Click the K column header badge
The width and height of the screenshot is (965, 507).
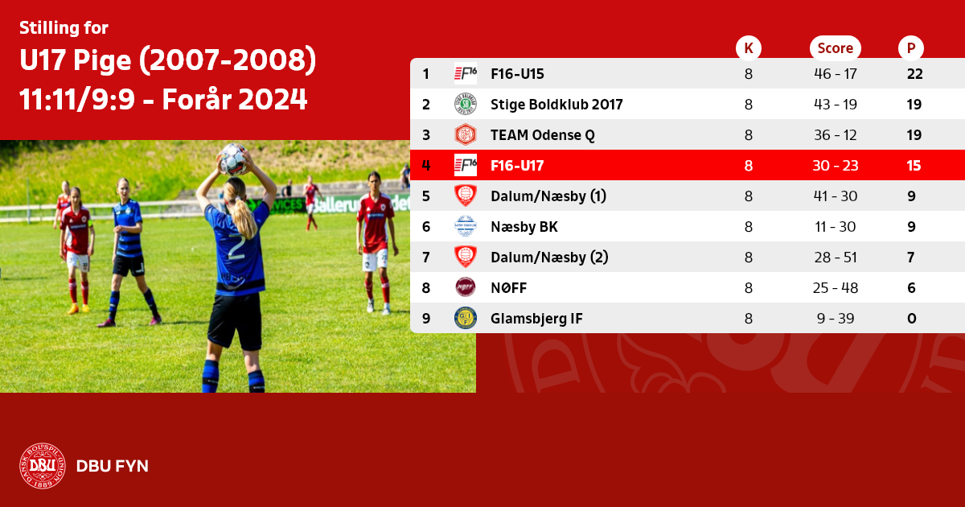point(749,47)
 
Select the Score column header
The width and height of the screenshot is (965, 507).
point(836,47)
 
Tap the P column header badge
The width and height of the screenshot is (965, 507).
point(910,47)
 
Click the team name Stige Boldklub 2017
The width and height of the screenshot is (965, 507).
point(556,105)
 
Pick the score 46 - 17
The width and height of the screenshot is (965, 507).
point(836,74)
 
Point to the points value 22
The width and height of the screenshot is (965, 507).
point(914,74)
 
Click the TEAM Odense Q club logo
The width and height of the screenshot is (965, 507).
point(466,134)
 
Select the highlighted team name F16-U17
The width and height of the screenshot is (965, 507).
point(517,166)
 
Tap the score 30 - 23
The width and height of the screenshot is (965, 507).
point(836,166)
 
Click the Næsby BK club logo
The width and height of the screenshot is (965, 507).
point(466,226)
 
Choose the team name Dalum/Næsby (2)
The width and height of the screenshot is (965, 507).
point(549,258)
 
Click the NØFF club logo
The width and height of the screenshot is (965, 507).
point(466,287)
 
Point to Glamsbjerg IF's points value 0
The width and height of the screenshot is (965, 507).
point(912,319)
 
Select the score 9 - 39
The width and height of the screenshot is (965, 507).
point(836,319)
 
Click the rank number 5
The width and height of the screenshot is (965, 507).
point(426,196)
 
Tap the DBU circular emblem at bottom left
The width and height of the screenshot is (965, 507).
point(42,466)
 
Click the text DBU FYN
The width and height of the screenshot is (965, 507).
point(112,466)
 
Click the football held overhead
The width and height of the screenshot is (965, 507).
point(233,159)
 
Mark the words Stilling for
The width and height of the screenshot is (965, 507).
point(64,27)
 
